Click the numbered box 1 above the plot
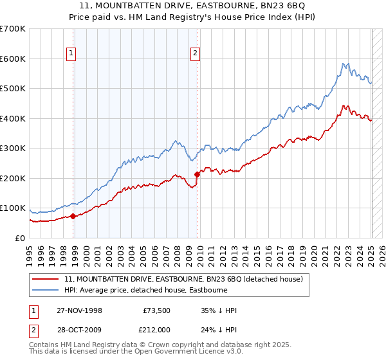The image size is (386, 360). [x=70, y=54]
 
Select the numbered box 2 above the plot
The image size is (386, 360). [x=194, y=54]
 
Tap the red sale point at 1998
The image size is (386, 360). [x=73, y=216]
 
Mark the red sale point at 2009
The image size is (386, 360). [x=197, y=174]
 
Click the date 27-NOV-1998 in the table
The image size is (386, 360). [x=79, y=310]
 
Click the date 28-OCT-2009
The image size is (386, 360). [x=79, y=329]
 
